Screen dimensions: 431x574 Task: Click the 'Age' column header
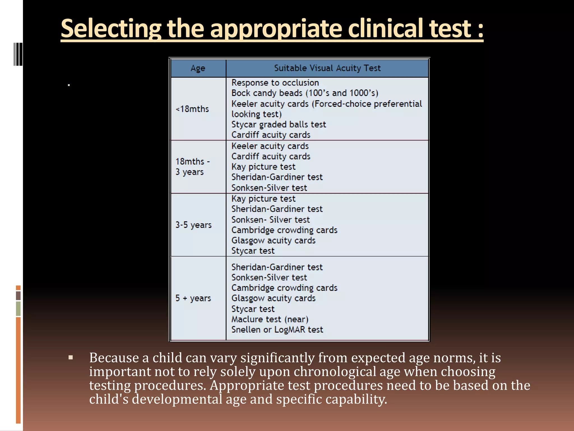[198, 68]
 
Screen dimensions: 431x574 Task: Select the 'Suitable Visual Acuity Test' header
[327, 68]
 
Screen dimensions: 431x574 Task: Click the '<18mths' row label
[192, 109]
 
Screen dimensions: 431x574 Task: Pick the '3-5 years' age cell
[193, 225]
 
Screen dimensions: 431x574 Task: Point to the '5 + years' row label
[193, 298]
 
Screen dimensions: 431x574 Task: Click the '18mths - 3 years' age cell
[193, 166]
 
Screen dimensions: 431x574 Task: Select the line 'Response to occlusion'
[275, 83]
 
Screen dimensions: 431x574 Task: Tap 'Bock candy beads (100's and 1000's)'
[305, 93]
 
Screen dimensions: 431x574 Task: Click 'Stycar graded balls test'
[279, 124]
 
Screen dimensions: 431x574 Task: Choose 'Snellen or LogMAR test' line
[277, 329]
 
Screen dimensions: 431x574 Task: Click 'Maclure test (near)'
[270, 319]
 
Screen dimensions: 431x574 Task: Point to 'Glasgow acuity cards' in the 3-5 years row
[273, 240]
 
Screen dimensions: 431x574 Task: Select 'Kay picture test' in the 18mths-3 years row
[263, 167]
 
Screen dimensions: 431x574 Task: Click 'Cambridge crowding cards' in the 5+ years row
[284, 288]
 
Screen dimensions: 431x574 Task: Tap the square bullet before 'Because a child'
[71, 357]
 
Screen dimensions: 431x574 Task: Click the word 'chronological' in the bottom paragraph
[335, 372]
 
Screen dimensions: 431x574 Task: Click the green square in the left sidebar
[18, 309]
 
